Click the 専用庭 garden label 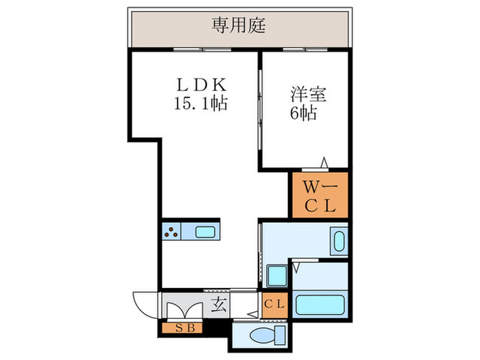(x=239, y=27)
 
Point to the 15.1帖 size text (x=200, y=105)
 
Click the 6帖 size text (x=302, y=114)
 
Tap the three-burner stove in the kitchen (x=172, y=232)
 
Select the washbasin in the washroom (x=338, y=242)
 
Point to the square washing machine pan (x=278, y=278)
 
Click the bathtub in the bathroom (x=320, y=303)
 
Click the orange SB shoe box (x=182, y=328)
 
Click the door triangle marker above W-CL (x=324, y=163)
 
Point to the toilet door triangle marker (x=254, y=314)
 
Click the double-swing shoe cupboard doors (x=183, y=307)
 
